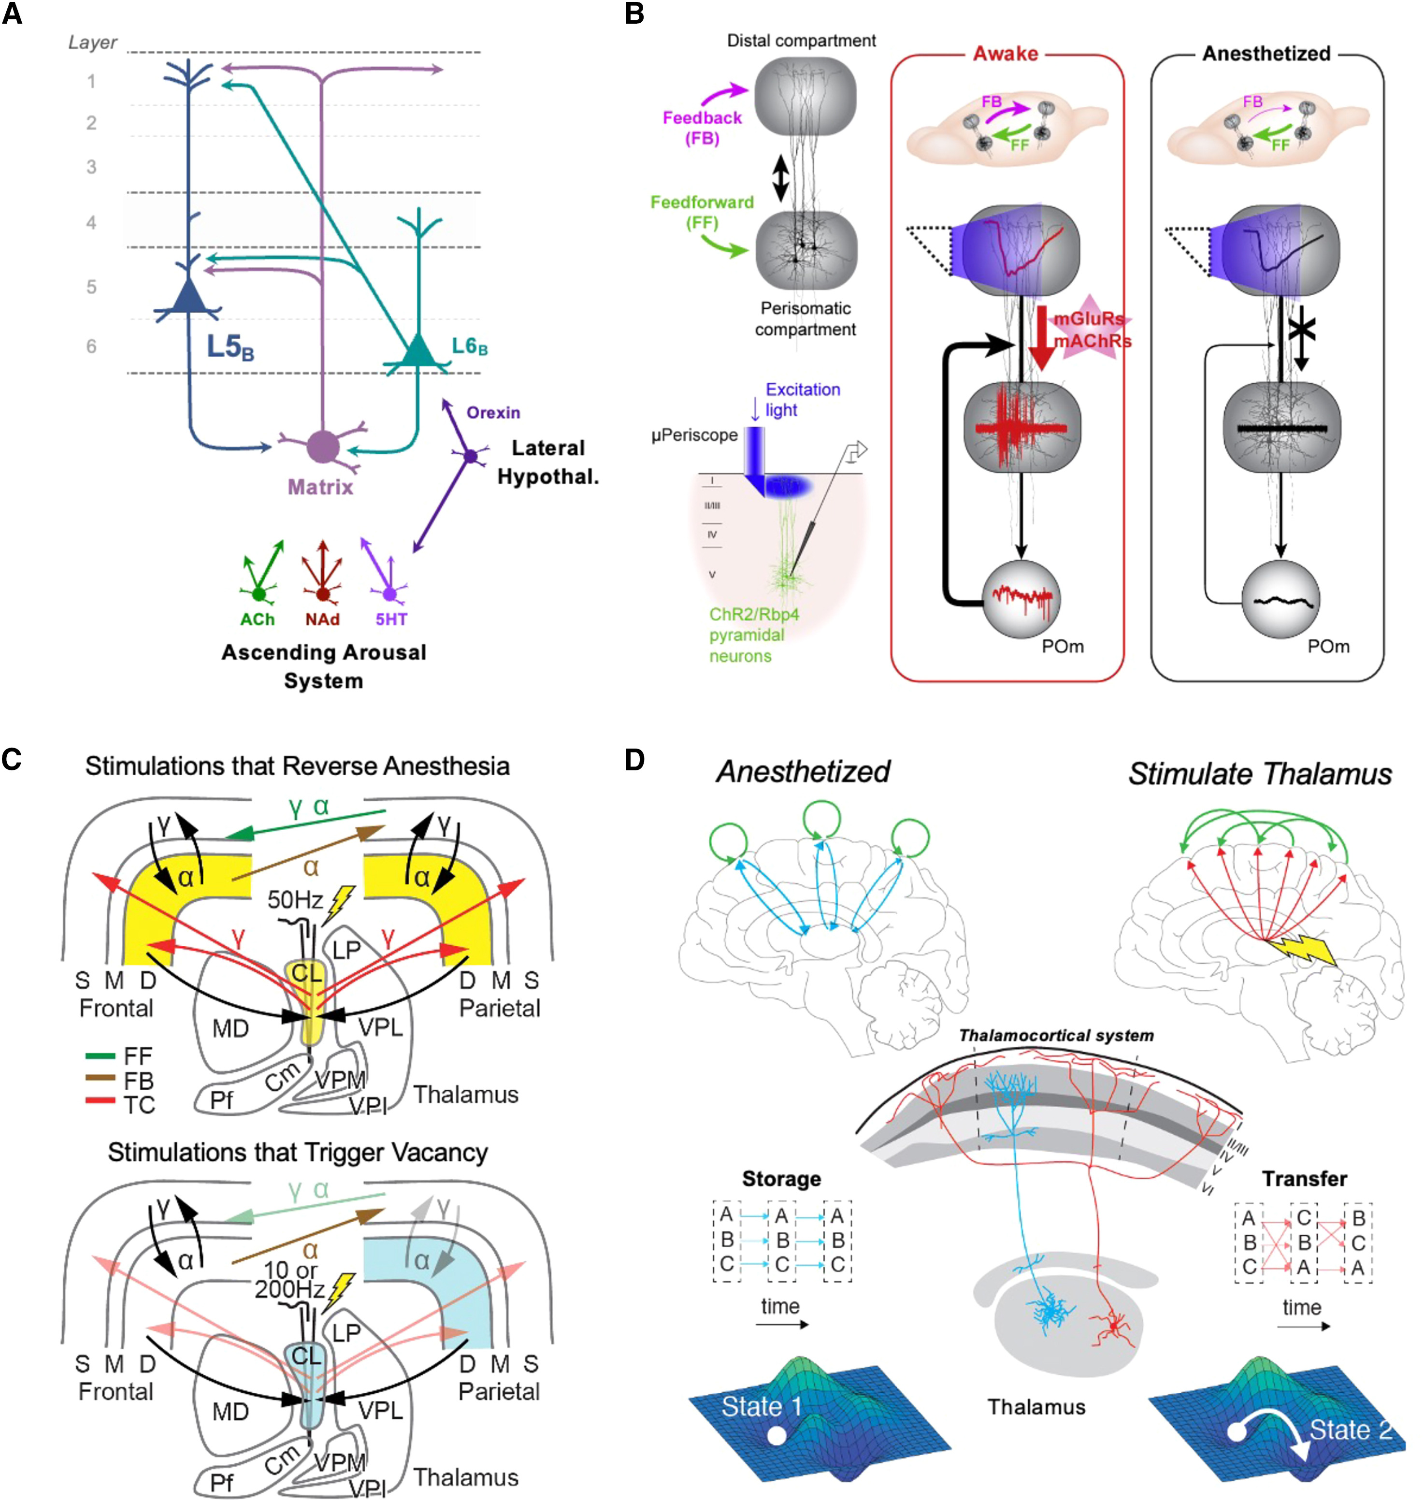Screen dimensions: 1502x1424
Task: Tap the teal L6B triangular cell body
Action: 417,351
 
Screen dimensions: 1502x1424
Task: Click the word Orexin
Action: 493,413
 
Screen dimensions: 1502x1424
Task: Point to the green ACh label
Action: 258,620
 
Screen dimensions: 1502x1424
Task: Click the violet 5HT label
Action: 391,620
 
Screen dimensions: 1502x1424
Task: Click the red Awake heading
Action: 1005,54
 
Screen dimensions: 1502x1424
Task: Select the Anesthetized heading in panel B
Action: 1266,54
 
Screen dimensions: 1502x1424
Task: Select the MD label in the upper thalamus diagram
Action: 230,1029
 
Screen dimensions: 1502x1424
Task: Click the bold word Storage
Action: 781,1179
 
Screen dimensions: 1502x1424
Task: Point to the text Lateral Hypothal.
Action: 547,462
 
